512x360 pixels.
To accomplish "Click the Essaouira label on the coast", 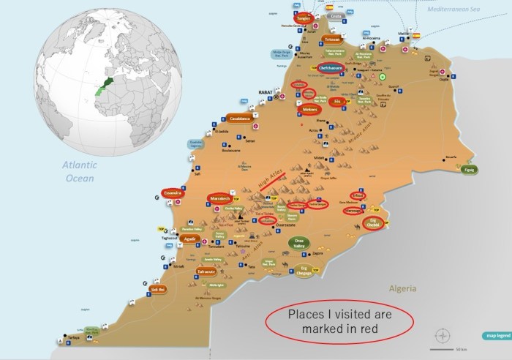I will [173, 193].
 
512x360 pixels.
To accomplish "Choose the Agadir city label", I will [190, 239].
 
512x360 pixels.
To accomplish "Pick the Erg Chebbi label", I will [374, 222].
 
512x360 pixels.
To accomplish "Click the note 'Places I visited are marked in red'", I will [338, 322].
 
